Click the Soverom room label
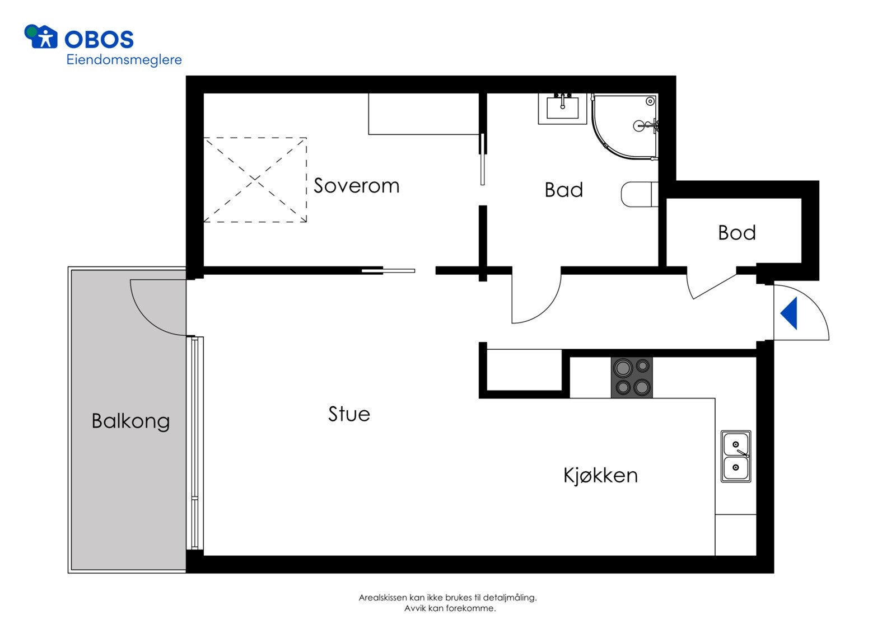click(x=356, y=186)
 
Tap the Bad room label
click(x=563, y=190)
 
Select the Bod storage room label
click(x=737, y=233)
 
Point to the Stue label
click(x=349, y=414)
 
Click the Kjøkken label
click(x=600, y=476)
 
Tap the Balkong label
click(x=131, y=421)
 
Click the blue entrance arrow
click(x=789, y=313)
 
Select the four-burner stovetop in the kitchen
click(x=632, y=377)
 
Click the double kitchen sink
click(x=736, y=456)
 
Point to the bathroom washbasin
click(x=562, y=109)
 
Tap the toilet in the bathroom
click(x=640, y=194)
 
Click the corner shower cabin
click(x=625, y=126)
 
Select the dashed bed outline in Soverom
click(x=255, y=180)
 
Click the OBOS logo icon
click(x=40, y=37)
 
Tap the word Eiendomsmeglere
click(x=124, y=60)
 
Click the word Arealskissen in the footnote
click(x=383, y=597)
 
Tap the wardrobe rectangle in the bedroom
click(x=423, y=114)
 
